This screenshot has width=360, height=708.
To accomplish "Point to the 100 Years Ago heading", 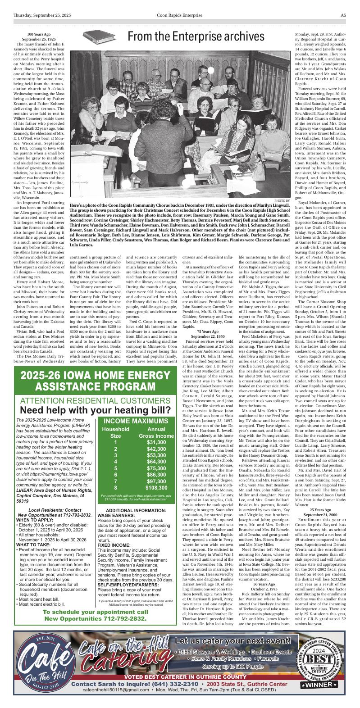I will coord(39,34).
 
